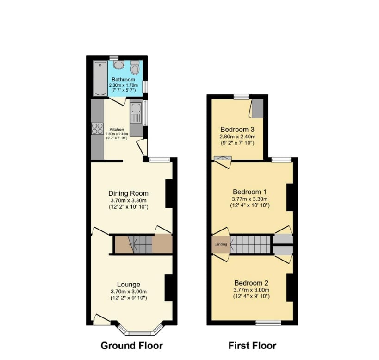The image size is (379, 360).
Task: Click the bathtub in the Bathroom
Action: click(x=100, y=78)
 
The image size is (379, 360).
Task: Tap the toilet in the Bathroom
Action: click(x=135, y=68)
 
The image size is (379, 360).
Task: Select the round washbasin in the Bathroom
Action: click(x=118, y=65)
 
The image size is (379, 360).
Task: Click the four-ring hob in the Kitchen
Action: click(x=97, y=128)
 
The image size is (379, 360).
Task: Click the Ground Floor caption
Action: click(x=132, y=346)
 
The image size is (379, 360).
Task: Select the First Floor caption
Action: click(x=252, y=346)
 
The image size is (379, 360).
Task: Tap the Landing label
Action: click(x=221, y=244)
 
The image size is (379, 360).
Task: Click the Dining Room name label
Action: click(x=128, y=193)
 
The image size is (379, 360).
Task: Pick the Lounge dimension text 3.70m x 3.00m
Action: click(x=129, y=292)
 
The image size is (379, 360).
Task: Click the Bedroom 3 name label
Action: click(x=237, y=129)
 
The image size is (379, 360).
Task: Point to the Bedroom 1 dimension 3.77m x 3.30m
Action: click(x=250, y=199)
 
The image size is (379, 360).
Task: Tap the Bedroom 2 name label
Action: click(x=251, y=283)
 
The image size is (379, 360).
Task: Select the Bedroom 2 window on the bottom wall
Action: click(x=268, y=323)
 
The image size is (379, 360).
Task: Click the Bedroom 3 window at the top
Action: click(x=242, y=97)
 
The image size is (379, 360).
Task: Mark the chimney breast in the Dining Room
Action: click(x=169, y=193)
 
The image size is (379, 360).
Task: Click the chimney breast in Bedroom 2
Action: click(x=290, y=287)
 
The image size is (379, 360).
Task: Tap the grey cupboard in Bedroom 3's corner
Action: click(x=258, y=108)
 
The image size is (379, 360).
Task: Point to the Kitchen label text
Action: click(x=117, y=130)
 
